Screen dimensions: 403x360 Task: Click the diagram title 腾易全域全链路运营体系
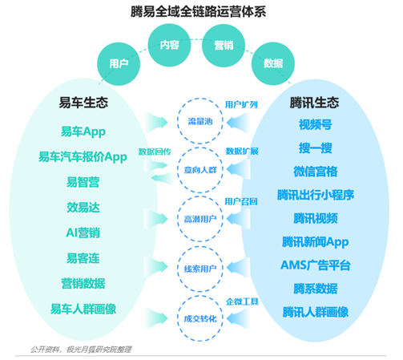199,12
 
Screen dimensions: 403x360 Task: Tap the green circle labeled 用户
119,64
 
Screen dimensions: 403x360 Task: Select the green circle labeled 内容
170,45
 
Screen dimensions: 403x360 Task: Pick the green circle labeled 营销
224,45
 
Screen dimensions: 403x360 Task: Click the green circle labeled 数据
273,63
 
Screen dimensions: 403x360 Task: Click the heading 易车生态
83,103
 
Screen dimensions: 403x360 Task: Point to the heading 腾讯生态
314,103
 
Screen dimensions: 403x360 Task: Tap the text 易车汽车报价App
83,157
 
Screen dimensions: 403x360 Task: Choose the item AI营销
83,233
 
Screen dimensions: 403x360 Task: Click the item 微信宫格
316,172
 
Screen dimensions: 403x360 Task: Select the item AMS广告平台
316,265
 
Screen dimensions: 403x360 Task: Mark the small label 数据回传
155,152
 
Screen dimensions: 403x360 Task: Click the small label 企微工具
242,301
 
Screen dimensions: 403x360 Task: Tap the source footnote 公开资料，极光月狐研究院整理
81,350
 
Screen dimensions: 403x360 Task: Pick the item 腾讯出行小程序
316,195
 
